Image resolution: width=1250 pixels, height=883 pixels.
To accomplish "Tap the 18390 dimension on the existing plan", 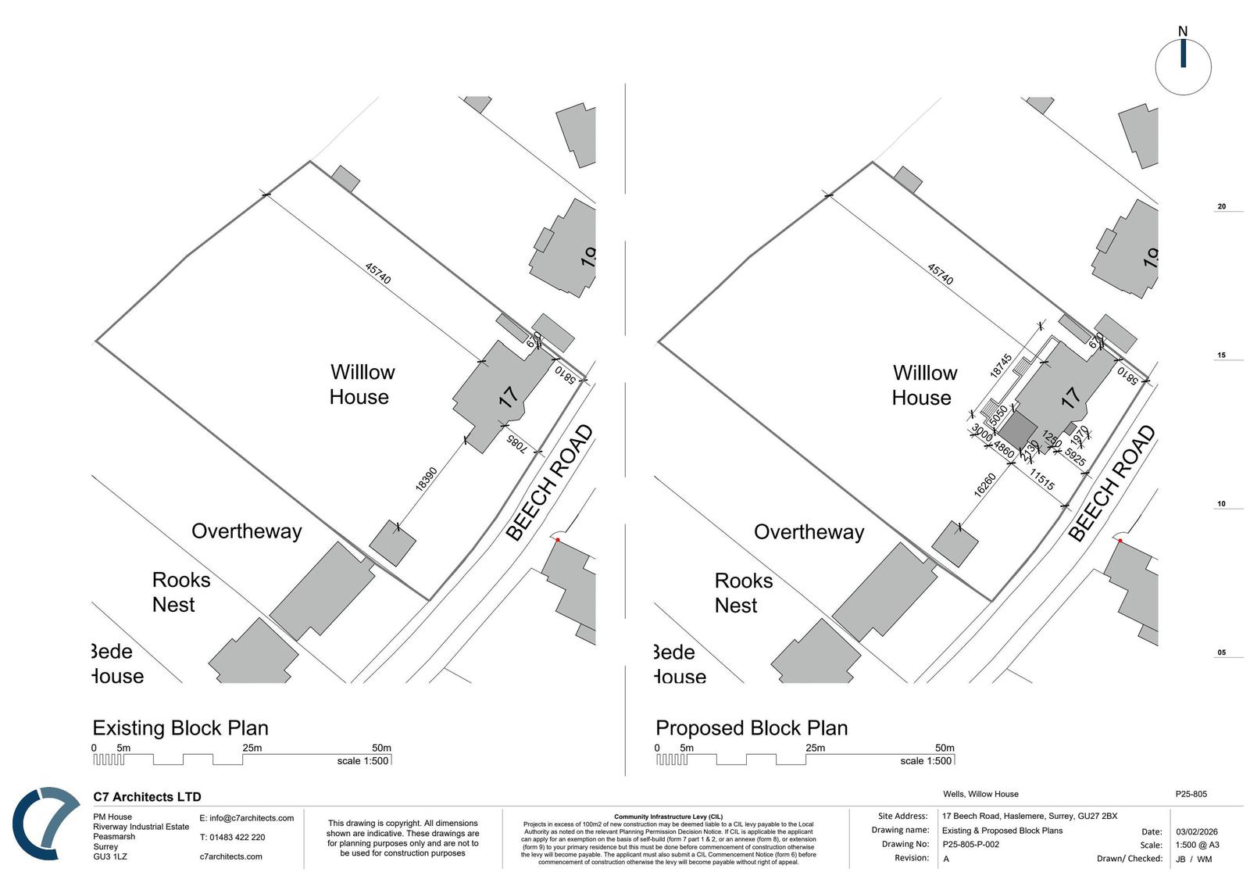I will point(426,478).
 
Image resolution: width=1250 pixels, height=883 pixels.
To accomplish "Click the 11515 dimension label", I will point(1041,479).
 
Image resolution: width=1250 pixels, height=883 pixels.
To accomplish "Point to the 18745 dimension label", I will point(1001,365).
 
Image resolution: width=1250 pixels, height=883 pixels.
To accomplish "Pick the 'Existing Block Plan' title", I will point(180,728).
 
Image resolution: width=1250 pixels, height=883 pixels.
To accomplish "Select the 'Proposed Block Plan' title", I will point(752,728).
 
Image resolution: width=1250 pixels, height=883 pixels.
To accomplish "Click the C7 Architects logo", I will point(45,824).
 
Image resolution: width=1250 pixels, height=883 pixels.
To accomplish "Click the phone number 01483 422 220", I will point(237,837).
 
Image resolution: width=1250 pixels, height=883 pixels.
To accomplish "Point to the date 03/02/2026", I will point(1196,831).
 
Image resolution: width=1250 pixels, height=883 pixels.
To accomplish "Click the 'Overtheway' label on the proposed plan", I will point(809,532).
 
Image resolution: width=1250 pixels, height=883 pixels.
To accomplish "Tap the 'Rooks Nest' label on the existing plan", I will point(180,592).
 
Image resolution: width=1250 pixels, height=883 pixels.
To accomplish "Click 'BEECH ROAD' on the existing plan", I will point(548,483).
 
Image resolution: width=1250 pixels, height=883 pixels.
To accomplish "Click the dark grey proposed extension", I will point(1019,431).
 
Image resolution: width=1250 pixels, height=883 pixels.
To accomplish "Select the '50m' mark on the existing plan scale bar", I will point(381,748).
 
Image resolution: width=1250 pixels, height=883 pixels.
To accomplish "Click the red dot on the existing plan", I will point(558,540).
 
